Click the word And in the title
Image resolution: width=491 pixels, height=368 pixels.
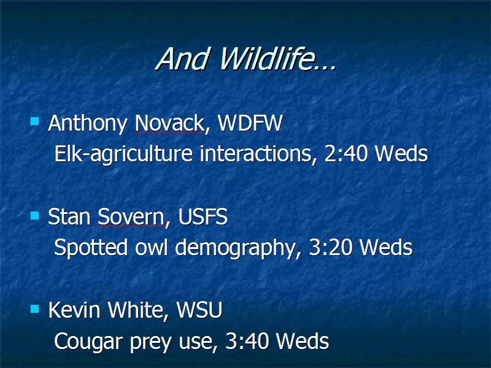[x=182, y=58]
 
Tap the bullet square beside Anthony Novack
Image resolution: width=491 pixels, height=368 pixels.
[x=34, y=121]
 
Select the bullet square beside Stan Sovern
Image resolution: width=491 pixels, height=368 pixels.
[x=34, y=215]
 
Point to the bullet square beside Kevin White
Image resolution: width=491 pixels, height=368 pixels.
[x=34, y=309]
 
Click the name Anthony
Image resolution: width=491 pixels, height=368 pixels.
[x=88, y=124]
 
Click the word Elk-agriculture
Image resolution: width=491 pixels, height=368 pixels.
[x=123, y=155]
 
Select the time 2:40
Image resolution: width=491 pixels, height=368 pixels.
[x=346, y=154]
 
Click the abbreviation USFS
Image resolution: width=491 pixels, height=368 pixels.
[x=203, y=217]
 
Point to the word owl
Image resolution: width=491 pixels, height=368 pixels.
[x=151, y=247]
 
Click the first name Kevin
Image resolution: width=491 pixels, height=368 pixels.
[x=74, y=310]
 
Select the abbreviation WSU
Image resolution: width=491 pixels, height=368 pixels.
[x=199, y=310]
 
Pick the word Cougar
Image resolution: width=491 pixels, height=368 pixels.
[x=88, y=342]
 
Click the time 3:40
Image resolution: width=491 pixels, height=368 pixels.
[x=247, y=341]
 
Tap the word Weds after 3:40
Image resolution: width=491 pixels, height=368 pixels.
[x=303, y=341]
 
